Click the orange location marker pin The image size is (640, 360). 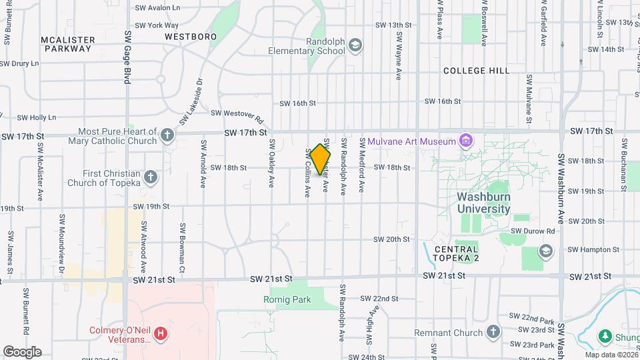(x=321, y=159)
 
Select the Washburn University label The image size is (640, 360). (x=483, y=203)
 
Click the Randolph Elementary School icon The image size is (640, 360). (x=356, y=45)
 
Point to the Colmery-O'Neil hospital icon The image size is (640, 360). (x=160, y=333)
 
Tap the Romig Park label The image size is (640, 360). (x=287, y=299)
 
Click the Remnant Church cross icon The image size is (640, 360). (x=493, y=332)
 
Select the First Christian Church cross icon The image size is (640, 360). (x=151, y=177)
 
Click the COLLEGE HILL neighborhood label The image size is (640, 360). (x=476, y=71)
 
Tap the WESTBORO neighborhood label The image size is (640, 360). (x=191, y=36)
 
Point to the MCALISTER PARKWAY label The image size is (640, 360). (x=67, y=44)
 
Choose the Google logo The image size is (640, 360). (x=22, y=351)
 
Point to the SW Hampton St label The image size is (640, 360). (x=593, y=249)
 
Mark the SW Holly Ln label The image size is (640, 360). (x=33, y=117)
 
